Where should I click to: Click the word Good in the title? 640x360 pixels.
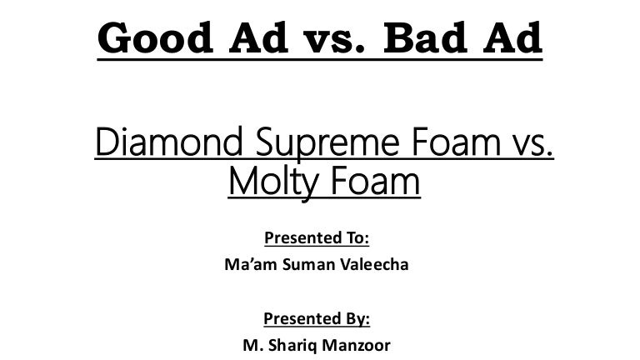(x=156, y=37)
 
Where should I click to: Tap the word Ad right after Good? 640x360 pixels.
(x=258, y=37)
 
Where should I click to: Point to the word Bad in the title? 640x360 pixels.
(x=425, y=37)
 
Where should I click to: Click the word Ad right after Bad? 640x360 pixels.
(x=512, y=37)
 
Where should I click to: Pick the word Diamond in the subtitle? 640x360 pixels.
(x=169, y=142)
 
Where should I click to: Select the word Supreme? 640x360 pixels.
(x=327, y=144)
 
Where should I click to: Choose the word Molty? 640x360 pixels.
(x=273, y=182)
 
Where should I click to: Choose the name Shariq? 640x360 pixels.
(x=292, y=346)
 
